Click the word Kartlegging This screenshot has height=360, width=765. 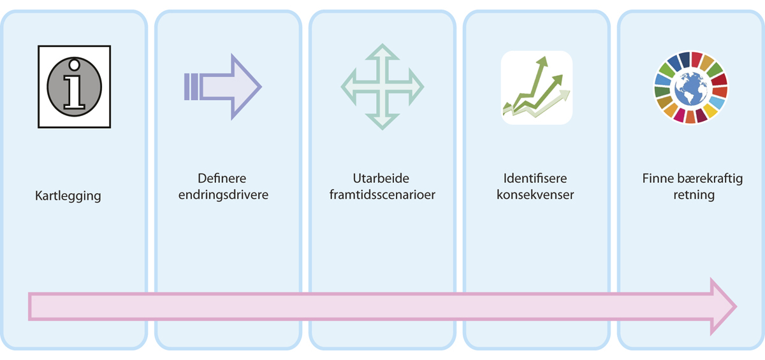point(68,196)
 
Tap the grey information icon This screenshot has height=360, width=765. point(75,86)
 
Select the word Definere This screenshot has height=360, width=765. point(222,178)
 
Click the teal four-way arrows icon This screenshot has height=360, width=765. point(382,87)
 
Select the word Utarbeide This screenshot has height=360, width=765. point(382,178)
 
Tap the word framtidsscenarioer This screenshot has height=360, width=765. point(382,195)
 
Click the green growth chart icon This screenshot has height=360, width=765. point(536,87)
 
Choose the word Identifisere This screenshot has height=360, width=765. point(535,178)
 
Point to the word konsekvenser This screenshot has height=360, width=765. point(535,195)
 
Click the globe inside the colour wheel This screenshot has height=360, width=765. point(690,87)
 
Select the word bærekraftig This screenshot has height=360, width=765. point(708,178)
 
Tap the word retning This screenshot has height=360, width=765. point(694,195)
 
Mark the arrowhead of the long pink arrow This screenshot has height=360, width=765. point(724,306)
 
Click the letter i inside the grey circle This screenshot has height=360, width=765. point(75,86)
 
